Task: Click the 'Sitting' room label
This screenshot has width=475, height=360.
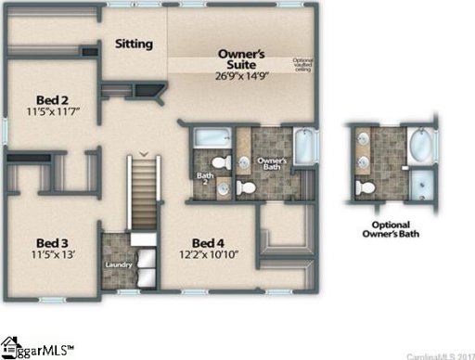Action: (x=134, y=43)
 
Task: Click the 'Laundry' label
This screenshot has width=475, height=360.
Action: (x=119, y=264)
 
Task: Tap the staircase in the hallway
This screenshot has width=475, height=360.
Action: (x=143, y=195)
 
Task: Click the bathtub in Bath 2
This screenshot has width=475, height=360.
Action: (x=212, y=136)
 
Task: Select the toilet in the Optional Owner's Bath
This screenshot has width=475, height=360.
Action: (x=366, y=187)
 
